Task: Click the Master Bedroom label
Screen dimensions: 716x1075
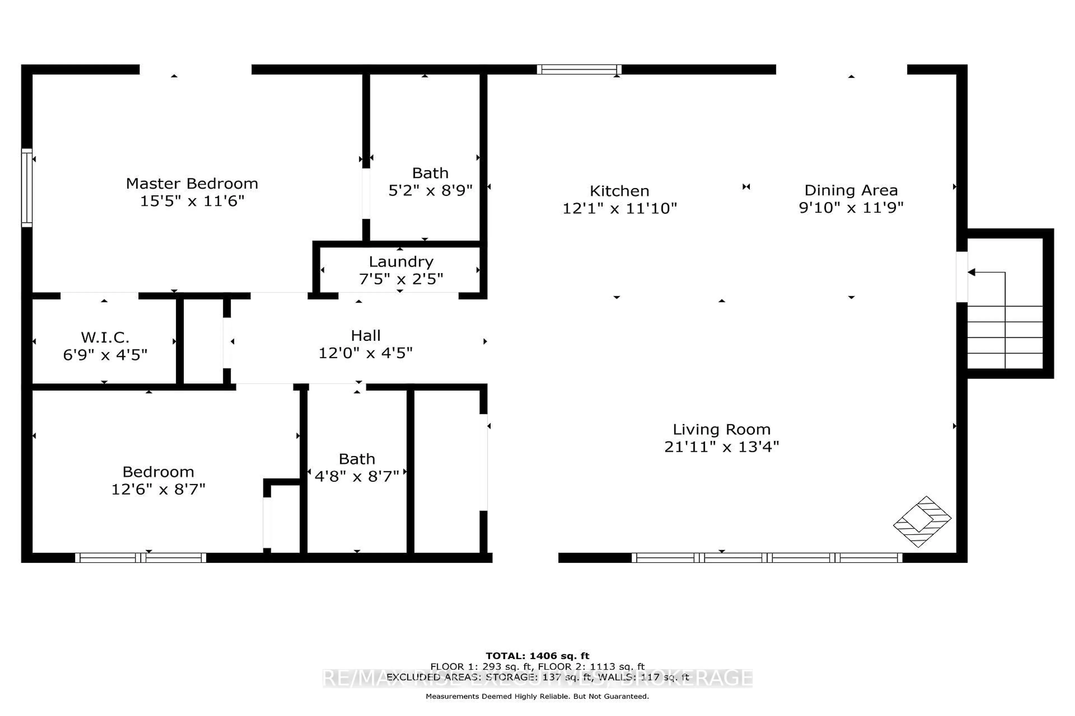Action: pos(192,183)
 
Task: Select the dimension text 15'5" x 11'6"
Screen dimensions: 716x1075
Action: pos(192,201)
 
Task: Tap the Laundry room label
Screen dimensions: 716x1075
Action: pos(401,262)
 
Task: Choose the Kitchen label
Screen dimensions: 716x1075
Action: pos(619,191)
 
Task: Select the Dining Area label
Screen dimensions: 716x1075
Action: pos(850,190)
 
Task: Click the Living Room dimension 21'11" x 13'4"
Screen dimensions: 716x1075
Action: pos(721,447)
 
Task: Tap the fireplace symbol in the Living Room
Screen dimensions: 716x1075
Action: pos(922,521)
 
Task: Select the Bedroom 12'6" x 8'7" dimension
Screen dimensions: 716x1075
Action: pos(158,489)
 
